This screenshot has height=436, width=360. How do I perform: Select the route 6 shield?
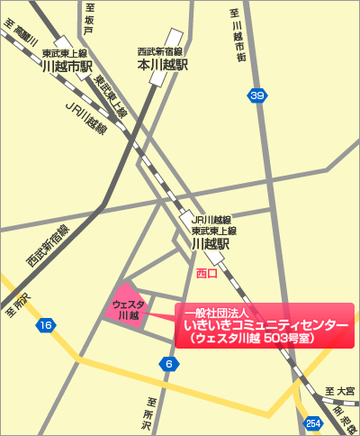point(167,364)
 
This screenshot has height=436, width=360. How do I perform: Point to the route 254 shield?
point(312,422)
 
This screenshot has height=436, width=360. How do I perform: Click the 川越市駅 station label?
point(64,66)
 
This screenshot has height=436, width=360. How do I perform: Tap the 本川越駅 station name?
point(162,66)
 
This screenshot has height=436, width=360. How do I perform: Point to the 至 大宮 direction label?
point(340,391)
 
